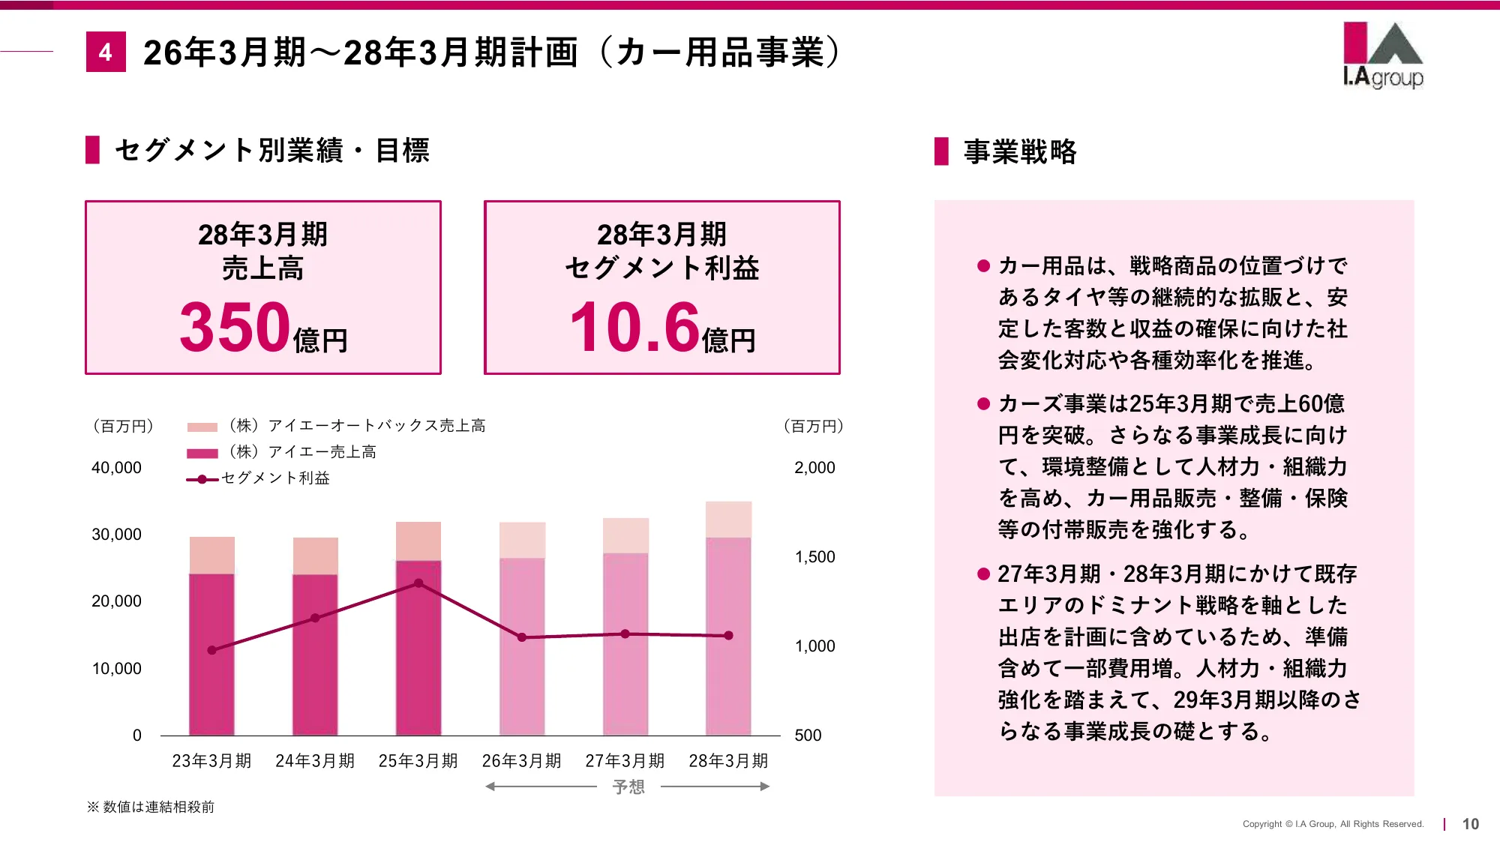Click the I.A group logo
pos(1382,55)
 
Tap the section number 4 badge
pos(106,52)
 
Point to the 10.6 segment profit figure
pos(634,327)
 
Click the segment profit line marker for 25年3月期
pos(418,583)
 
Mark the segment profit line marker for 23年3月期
pos(211,650)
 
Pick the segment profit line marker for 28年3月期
pos(728,636)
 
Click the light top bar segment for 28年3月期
pos(728,520)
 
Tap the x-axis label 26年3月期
pos(521,761)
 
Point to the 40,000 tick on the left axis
pos(116,468)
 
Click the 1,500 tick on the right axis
pos(814,557)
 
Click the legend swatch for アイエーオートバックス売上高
pos(202,427)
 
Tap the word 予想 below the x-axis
pos(628,787)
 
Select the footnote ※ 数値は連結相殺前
pos(151,807)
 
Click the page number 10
pos(1470,824)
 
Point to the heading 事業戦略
pos(1020,151)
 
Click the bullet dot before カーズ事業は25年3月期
pos(983,404)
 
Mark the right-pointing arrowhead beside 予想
pos(764,787)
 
